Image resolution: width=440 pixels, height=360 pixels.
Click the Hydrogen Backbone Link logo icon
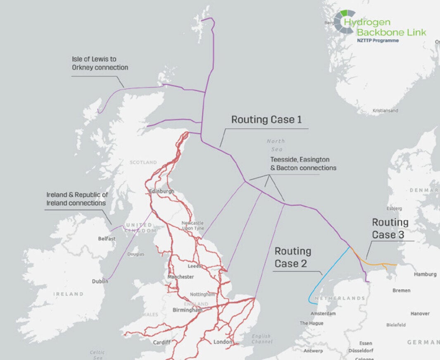[344, 21]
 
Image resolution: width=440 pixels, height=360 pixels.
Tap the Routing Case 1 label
[266, 120]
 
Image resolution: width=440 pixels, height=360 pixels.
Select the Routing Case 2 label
[293, 257]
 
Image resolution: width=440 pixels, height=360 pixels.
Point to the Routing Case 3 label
[390, 229]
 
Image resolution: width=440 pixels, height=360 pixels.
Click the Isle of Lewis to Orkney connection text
[100, 63]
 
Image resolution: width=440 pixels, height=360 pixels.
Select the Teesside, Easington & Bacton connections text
[303, 164]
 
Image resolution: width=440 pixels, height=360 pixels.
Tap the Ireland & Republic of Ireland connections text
[77, 199]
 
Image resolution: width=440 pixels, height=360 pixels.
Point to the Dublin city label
[100, 281]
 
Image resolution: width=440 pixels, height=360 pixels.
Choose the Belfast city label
[107, 238]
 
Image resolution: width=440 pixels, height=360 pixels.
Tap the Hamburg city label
[425, 274]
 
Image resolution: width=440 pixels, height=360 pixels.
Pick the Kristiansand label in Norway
[385, 111]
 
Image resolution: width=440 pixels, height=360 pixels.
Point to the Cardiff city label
[162, 343]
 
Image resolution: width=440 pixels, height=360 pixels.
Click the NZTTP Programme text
[378, 41]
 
